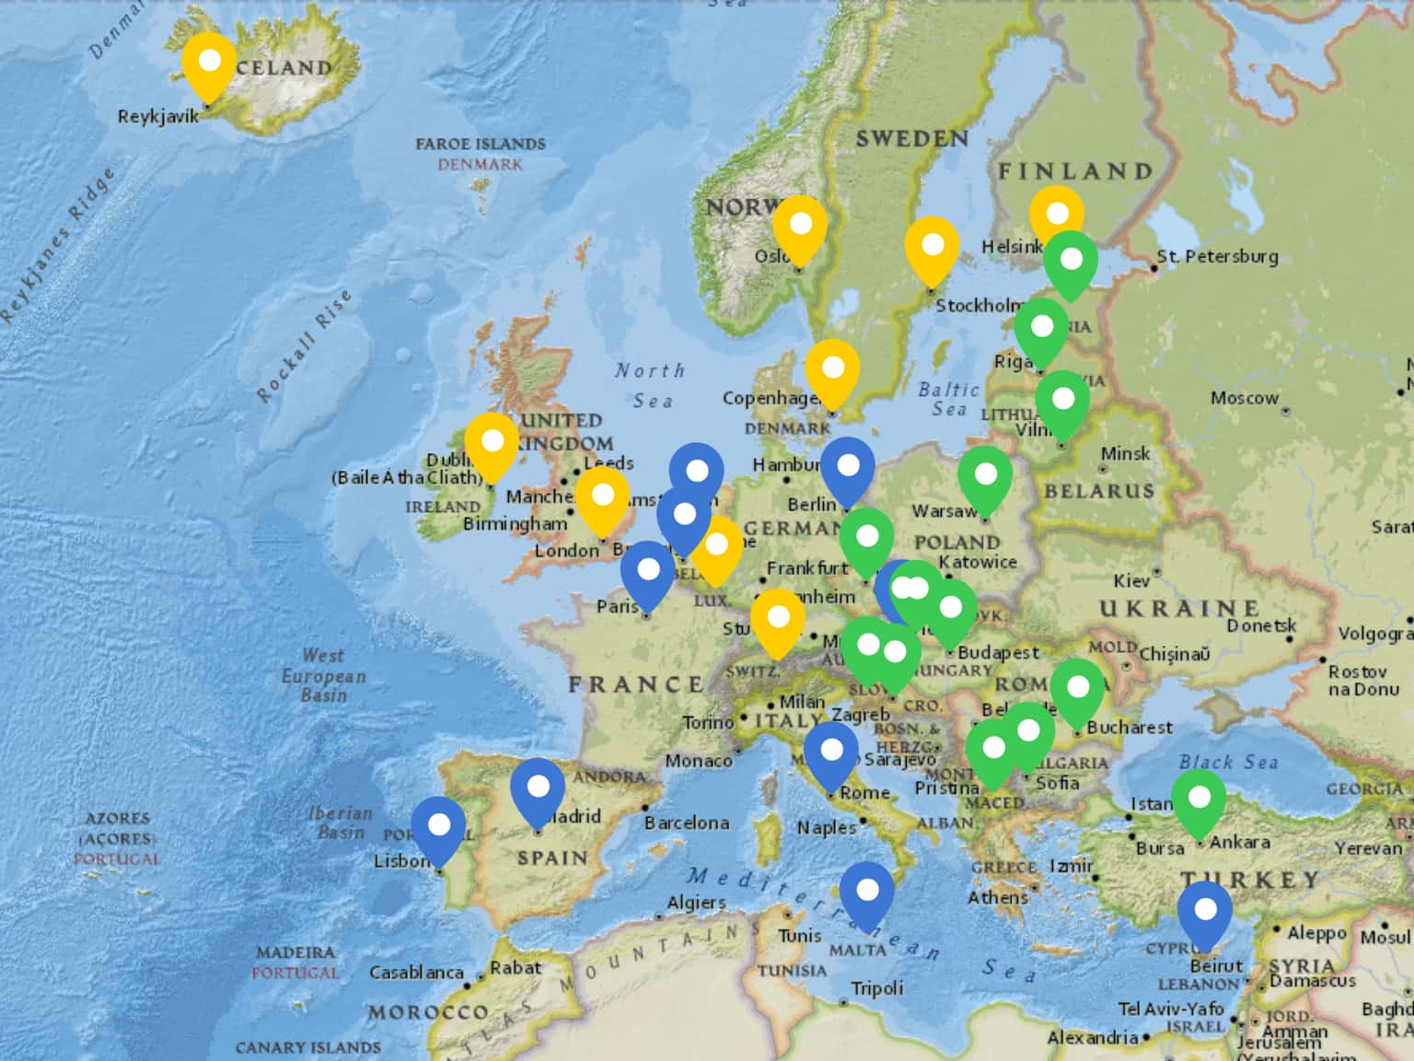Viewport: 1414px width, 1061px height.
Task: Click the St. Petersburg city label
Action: tap(1217, 257)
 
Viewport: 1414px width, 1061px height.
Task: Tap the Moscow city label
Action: tap(1245, 398)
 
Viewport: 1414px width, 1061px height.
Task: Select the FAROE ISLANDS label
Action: tap(480, 144)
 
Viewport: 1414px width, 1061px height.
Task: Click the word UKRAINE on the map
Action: tap(1179, 609)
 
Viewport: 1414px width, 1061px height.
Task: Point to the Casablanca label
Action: tap(416, 973)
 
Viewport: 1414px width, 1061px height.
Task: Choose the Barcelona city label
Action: tap(687, 822)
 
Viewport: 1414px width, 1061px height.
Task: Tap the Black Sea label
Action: tap(1228, 762)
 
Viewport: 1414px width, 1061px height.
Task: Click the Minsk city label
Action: tap(1125, 453)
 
